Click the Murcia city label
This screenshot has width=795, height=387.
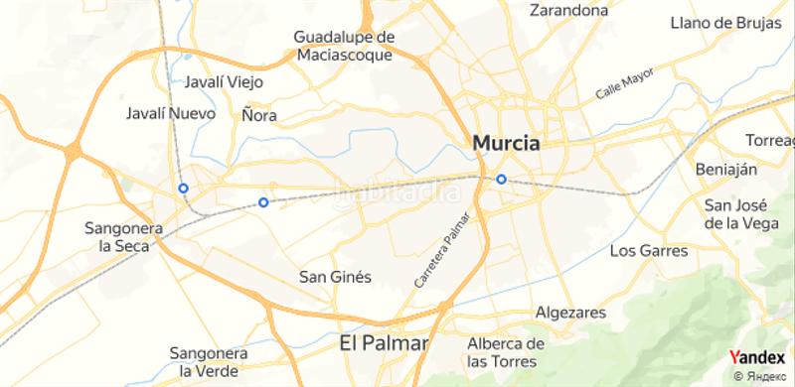(507, 143)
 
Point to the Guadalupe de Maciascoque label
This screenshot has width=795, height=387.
(345, 46)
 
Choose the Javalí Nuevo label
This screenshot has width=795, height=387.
(170, 113)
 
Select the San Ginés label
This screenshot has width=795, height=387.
(335, 278)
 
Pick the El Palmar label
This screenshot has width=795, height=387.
(383, 344)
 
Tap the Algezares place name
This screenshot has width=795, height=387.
(570, 313)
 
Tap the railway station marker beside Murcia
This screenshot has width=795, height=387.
(501, 180)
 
